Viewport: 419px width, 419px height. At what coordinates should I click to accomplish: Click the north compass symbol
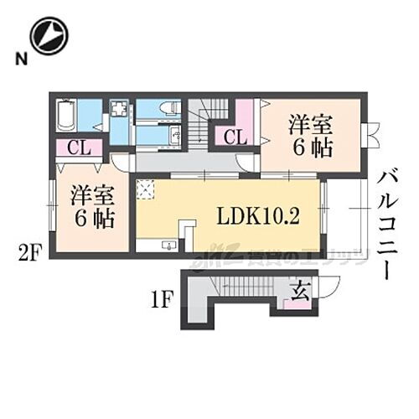pos(49,36)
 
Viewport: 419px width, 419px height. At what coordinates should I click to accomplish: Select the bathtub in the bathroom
pos(66,116)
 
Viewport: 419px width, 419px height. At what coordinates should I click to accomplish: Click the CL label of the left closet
pos(79,149)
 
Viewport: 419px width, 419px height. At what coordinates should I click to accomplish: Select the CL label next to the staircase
pos(235,137)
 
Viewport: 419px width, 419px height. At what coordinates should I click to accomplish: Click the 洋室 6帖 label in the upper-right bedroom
pos(310,136)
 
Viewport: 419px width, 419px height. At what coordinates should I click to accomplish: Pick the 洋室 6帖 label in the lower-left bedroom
pos(91,206)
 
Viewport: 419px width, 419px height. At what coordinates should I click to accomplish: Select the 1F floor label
pos(163,297)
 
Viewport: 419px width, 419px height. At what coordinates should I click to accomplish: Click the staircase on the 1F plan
pos(243,287)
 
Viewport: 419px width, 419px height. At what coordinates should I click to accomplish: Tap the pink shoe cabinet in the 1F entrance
pos(295,304)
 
